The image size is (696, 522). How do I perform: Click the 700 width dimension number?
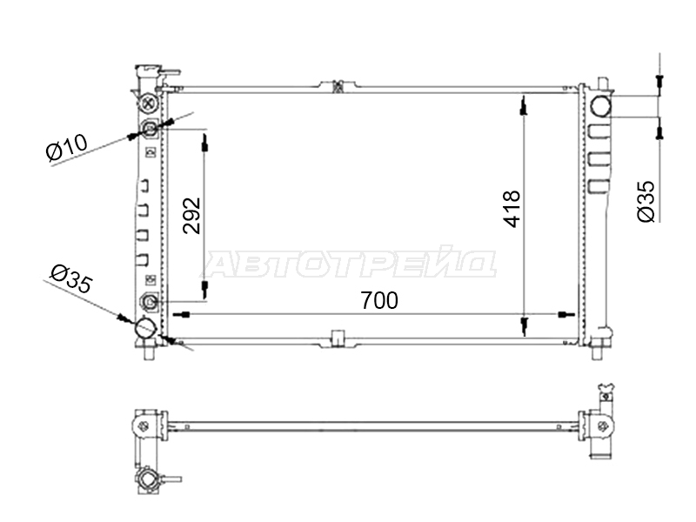tap(379, 300)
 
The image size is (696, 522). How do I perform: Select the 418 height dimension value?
tap(512, 209)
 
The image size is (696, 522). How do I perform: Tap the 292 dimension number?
tap(192, 215)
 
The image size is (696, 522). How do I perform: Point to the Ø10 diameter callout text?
tap(67, 146)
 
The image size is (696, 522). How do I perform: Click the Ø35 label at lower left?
tap(71, 278)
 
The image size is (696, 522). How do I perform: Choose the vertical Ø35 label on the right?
tap(646, 201)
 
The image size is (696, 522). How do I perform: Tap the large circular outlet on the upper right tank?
tap(600, 105)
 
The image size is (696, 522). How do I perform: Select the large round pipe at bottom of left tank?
tap(145, 329)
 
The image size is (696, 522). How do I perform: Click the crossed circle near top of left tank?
tap(149, 104)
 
